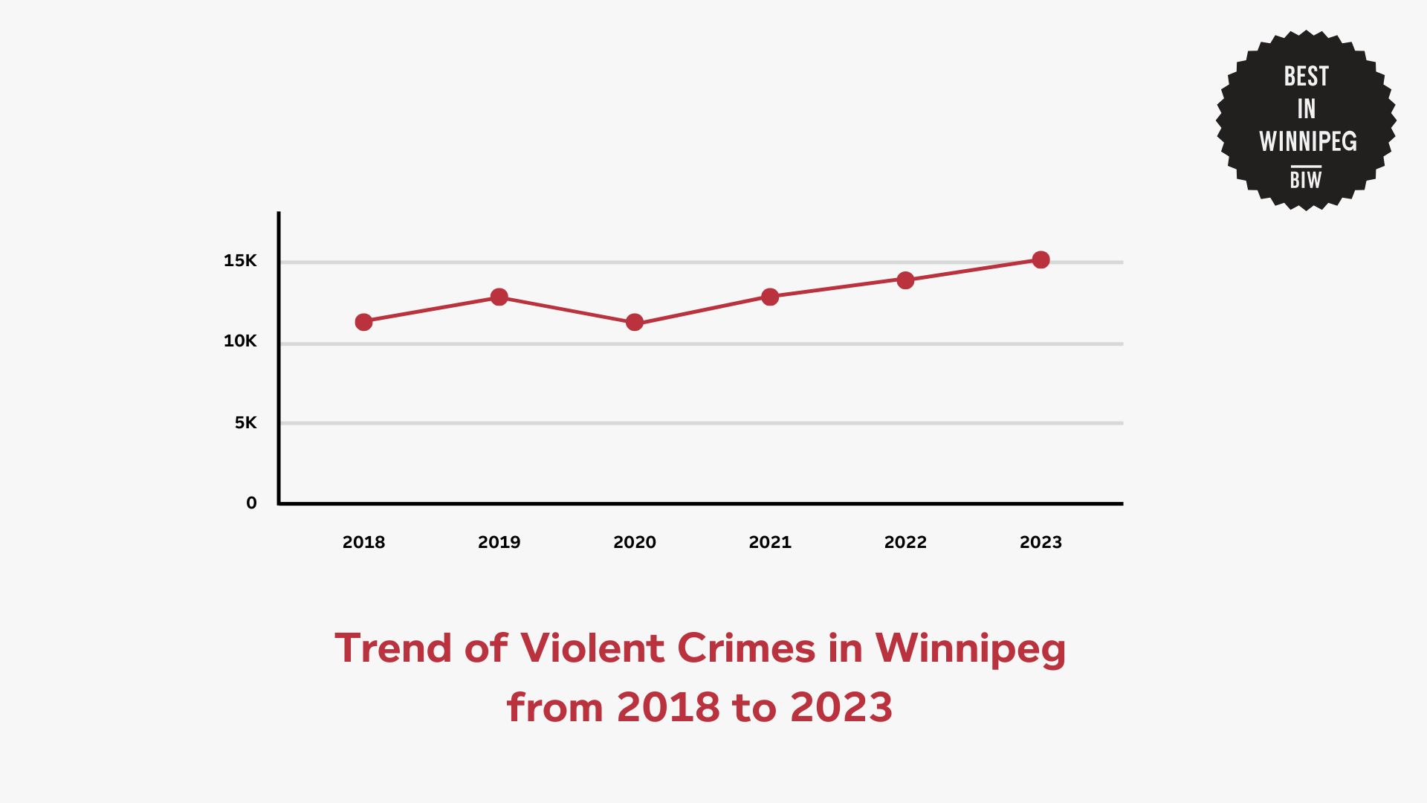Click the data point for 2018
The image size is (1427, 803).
point(363,322)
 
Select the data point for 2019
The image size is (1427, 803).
point(499,297)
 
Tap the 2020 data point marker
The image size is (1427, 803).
point(635,322)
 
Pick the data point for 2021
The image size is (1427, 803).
point(770,297)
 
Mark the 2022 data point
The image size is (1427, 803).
point(905,280)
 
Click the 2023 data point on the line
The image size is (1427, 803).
point(1041,259)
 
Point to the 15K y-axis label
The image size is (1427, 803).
point(240,260)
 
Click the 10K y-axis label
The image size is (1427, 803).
point(240,341)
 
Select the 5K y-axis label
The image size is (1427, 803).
point(245,422)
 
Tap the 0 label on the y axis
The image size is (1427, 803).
point(251,503)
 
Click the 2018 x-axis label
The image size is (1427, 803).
point(363,542)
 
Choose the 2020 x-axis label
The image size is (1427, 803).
point(635,542)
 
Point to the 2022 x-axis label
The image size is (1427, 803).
point(905,542)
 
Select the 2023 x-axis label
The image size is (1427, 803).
point(1041,542)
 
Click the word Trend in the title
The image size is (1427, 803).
point(393,648)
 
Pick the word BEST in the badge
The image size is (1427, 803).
point(1306,77)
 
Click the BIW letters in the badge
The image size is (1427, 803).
point(1306,179)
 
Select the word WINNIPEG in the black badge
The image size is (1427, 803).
point(1307,141)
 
